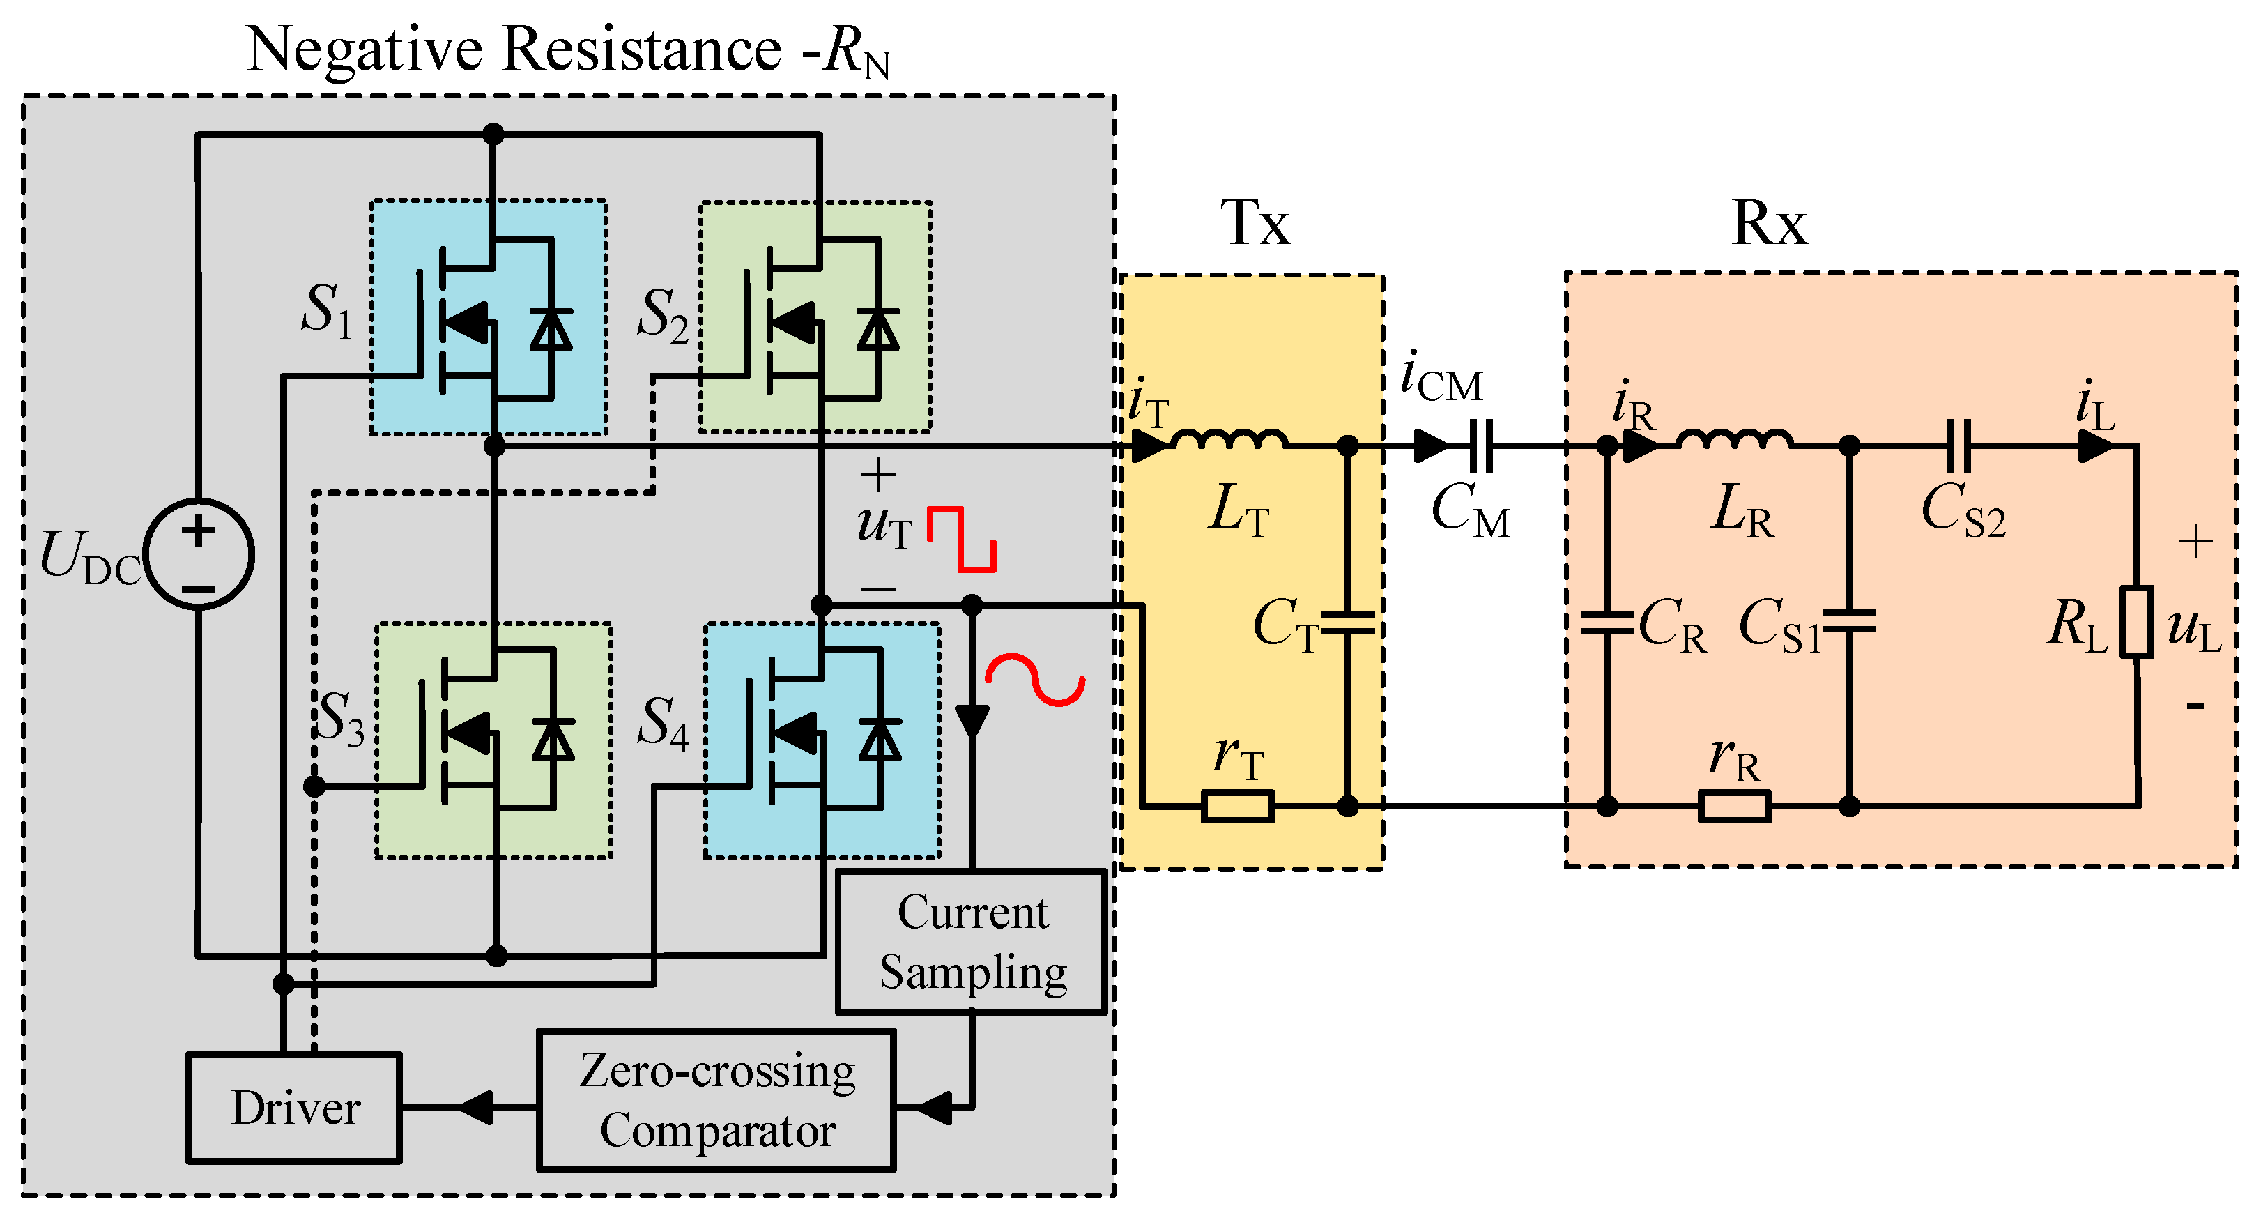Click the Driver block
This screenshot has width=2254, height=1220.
(294, 1108)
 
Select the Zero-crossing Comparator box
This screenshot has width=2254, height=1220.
(716, 1101)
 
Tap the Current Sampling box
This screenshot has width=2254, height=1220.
(972, 942)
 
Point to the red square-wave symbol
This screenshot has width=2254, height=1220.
(960, 539)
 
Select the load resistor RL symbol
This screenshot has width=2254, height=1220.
(2136, 623)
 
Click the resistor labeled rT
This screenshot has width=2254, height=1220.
(1237, 805)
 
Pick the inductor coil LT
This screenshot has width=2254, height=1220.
(1229, 439)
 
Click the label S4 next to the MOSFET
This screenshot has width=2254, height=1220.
(662, 723)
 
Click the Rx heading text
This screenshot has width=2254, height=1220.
(1768, 223)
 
